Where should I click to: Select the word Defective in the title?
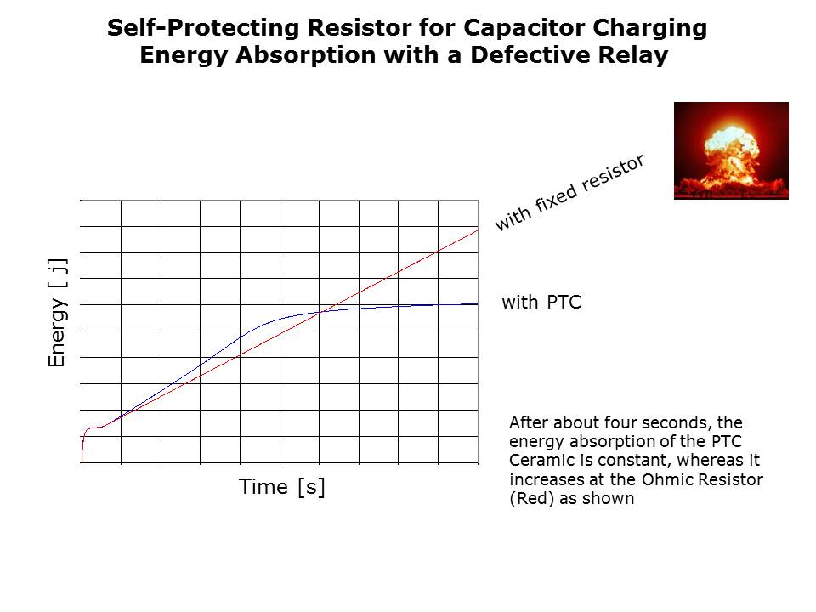[530, 55]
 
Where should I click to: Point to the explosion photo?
[731, 151]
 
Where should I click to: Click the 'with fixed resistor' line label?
[569, 192]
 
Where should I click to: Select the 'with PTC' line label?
[541, 303]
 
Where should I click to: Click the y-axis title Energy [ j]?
[58, 313]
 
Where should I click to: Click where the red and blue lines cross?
[324, 311]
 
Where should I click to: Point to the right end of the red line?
[478, 230]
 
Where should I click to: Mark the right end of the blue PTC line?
[478, 304]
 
